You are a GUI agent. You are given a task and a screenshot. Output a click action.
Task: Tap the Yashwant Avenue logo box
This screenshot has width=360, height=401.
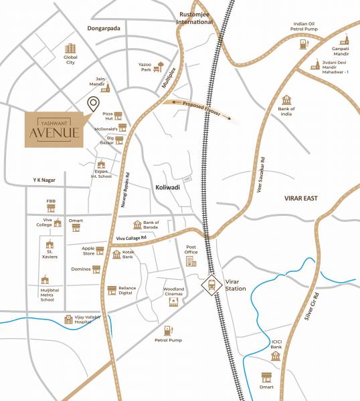(x=54, y=126)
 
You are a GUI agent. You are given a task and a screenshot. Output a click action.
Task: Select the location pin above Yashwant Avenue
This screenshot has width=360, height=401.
(x=93, y=104)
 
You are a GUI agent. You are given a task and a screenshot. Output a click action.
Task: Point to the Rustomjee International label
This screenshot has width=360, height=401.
(x=194, y=17)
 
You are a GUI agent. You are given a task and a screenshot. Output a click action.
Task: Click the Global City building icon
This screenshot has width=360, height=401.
(x=70, y=48)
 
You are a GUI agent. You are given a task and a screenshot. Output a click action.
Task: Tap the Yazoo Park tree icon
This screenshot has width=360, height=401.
(x=159, y=66)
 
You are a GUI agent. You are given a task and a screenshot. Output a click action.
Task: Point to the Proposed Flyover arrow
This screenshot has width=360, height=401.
(x=201, y=110)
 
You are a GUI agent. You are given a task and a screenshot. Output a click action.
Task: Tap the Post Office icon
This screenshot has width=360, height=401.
(x=191, y=259)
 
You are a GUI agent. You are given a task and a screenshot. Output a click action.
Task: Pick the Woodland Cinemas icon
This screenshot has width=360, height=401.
(x=174, y=302)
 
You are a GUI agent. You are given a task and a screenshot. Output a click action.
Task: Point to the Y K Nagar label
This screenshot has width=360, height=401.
(x=48, y=180)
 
